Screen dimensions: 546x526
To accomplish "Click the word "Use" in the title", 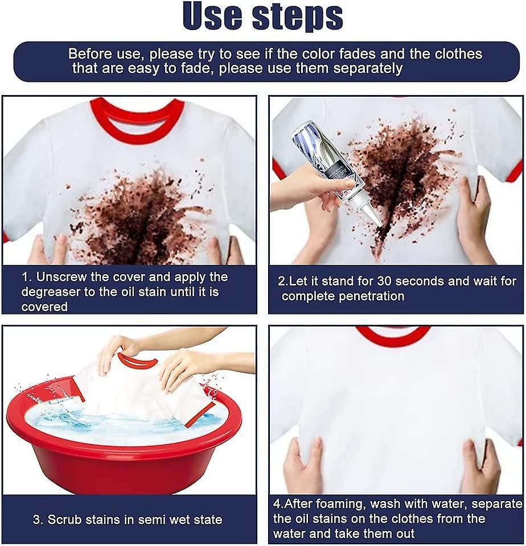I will point(211,17).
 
